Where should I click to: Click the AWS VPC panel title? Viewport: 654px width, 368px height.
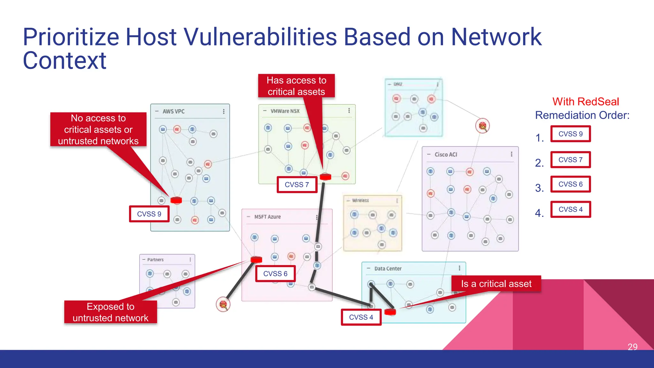point(173,111)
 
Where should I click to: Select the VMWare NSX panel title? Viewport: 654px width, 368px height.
point(285,111)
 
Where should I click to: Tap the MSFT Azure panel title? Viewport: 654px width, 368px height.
point(267,217)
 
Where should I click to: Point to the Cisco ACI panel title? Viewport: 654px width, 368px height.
point(446,155)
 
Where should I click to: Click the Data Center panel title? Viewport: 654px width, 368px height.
point(388,269)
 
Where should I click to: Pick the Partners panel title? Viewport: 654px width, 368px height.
point(155,260)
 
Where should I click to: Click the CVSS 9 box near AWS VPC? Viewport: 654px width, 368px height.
point(149,214)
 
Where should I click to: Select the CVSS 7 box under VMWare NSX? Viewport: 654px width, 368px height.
point(297,185)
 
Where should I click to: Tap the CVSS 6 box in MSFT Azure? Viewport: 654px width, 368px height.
point(275,274)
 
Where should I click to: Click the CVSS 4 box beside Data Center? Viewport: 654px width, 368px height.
point(361,317)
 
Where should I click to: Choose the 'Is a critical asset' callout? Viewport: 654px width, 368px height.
point(496,284)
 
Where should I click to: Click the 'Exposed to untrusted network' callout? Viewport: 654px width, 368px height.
point(110,312)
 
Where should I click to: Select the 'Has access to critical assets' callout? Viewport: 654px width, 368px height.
point(296,86)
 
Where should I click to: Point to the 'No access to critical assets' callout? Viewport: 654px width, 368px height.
point(98,129)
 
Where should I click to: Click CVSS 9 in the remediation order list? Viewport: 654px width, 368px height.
point(570,134)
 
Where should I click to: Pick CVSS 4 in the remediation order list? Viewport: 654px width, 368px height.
point(570,210)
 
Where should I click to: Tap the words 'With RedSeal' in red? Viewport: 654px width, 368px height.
point(585,102)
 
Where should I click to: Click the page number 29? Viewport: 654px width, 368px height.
point(632,347)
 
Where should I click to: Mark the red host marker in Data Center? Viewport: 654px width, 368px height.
point(390,312)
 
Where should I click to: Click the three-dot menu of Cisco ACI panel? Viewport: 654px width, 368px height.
point(512,154)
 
